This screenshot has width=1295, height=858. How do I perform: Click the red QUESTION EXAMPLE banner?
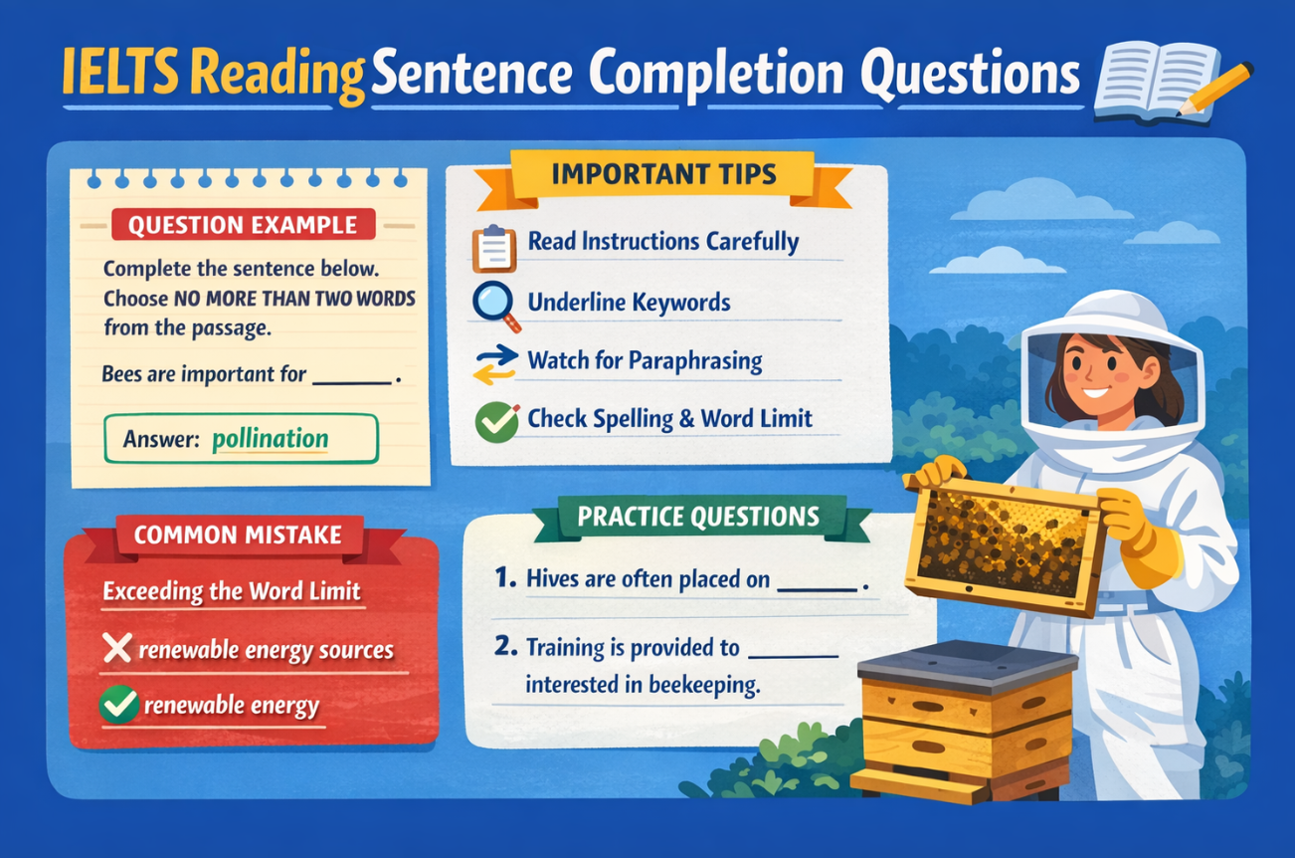pyautogui.click(x=243, y=224)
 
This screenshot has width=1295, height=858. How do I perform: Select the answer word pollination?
pyautogui.click(x=270, y=439)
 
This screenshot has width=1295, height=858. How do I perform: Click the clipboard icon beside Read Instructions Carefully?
pyautogui.click(x=493, y=248)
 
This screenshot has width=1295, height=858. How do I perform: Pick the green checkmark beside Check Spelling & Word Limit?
pyautogui.click(x=496, y=422)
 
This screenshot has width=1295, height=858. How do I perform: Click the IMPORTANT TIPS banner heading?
pyautogui.click(x=663, y=175)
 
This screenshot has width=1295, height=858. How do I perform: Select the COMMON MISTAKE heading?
pyautogui.click(x=237, y=535)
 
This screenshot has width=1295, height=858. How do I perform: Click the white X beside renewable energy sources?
pyautogui.click(x=117, y=650)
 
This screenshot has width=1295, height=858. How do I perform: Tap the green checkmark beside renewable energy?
pyautogui.click(x=118, y=706)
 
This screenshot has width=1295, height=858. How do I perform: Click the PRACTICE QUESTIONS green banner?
pyautogui.click(x=698, y=517)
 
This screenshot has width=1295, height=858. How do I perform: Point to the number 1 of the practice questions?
pyautogui.click(x=502, y=578)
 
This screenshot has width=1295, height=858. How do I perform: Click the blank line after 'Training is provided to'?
pyautogui.click(x=792, y=656)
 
